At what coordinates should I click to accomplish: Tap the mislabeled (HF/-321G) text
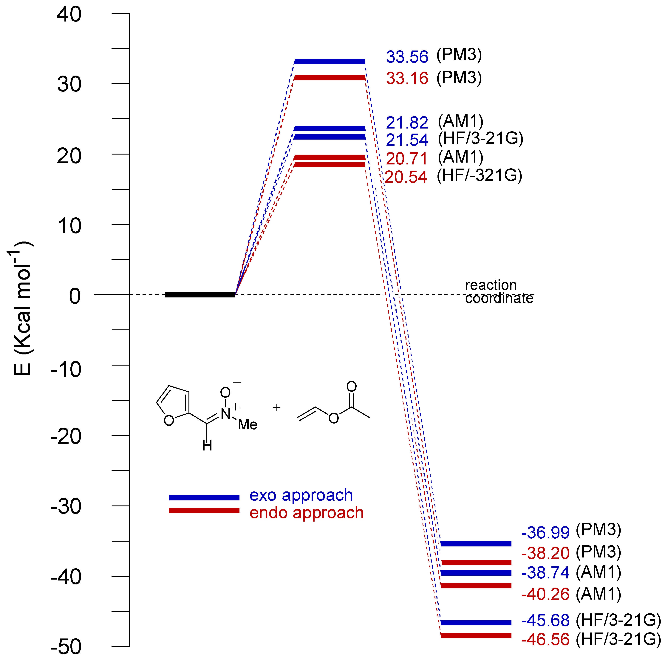[x=479, y=176]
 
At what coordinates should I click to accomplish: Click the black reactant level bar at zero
[x=200, y=295]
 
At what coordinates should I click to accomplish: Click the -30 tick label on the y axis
[x=66, y=507]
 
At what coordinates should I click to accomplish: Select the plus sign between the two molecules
[x=277, y=408]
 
